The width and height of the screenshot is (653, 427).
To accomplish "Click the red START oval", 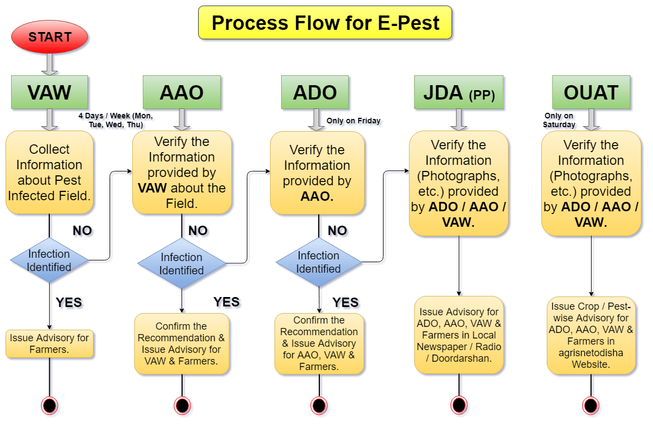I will [50, 37].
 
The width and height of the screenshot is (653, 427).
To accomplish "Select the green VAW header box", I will [50, 92].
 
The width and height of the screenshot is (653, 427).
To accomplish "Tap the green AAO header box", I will [182, 92].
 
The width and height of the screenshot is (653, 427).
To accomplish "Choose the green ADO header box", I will [315, 92].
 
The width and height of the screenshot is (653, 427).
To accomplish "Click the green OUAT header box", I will [591, 92].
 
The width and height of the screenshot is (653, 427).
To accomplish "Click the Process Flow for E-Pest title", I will [326, 23].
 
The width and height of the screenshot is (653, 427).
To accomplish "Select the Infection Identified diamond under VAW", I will [50, 261].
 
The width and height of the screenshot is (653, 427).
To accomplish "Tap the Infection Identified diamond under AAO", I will [182, 264].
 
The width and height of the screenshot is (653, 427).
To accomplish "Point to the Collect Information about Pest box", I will [50, 173].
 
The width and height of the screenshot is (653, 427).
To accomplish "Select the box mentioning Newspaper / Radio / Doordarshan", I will [459, 335].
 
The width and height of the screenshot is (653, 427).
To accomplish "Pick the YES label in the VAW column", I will [69, 303].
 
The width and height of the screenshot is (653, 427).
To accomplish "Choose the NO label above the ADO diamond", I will [338, 231].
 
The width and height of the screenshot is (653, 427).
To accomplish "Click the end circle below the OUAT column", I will [592, 405].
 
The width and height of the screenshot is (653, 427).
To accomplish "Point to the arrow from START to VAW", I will [50, 64].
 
